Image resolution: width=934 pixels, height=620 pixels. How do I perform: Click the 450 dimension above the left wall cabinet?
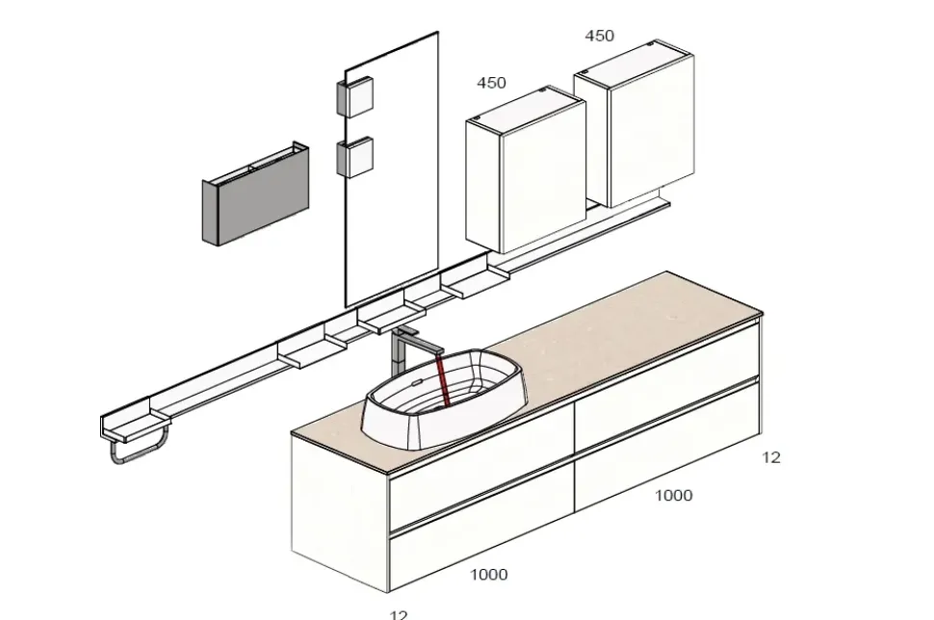pyautogui.click(x=491, y=83)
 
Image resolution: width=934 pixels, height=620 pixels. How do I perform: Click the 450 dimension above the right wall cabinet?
pyautogui.click(x=599, y=36)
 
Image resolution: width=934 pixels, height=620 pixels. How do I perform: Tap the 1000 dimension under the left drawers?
pyautogui.click(x=488, y=575)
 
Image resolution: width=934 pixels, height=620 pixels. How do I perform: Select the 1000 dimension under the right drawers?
pyautogui.click(x=673, y=496)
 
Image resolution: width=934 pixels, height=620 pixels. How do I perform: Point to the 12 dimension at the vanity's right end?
pyautogui.click(x=771, y=458)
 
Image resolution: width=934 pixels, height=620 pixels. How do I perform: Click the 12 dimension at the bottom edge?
pyautogui.click(x=399, y=613)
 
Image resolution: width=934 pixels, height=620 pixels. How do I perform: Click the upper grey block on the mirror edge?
pyautogui.click(x=353, y=97)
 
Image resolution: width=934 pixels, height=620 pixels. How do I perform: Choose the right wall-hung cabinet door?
pyautogui.click(x=650, y=130)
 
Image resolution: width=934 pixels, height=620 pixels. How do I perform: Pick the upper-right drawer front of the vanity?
pyautogui.click(x=666, y=383)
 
